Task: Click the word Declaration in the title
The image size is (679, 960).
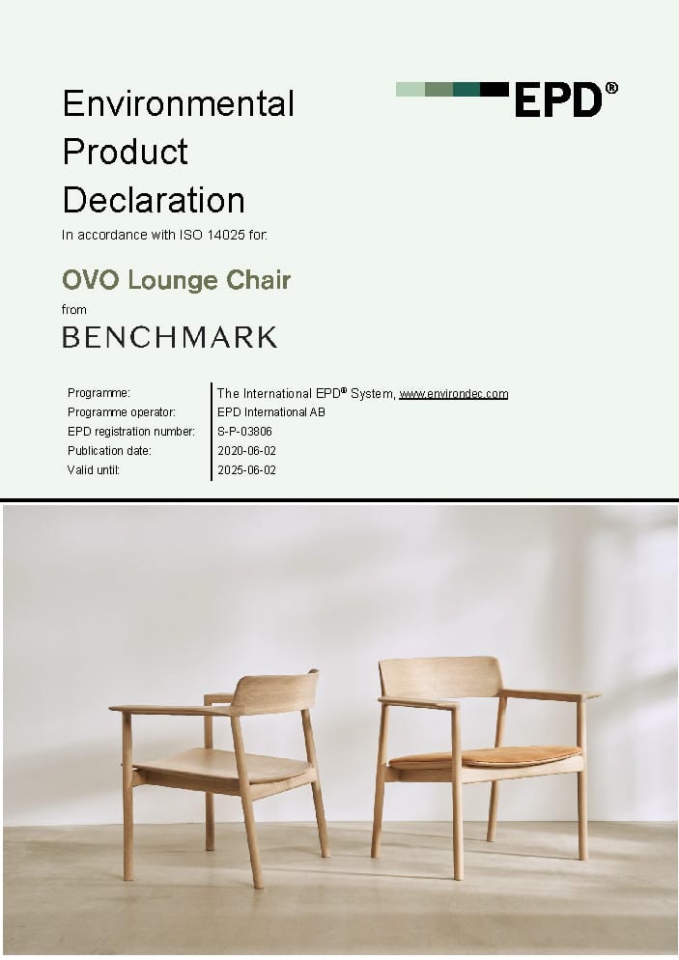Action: pos(154,200)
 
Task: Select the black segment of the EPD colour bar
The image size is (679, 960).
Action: pos(495,90)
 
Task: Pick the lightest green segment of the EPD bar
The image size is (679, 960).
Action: pos(410,90)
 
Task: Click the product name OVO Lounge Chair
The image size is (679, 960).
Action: pos(177,280)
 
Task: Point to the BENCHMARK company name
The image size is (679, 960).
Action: pos(170,337)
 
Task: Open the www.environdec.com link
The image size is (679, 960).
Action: pos(454,394)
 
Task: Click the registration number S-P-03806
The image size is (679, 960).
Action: pos(244,432)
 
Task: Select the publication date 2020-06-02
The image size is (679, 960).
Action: pos(246,451)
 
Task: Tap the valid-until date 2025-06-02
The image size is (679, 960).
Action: pos(246,470)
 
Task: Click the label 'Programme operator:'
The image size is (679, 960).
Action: pos(122,412)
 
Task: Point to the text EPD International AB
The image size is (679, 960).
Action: pos(271,412)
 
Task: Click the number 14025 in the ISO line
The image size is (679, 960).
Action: pos(226,235)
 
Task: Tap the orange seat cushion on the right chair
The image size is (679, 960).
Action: pos(485,757)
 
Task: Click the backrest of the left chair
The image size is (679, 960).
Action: pos(275,692)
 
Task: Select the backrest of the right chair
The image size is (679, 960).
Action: pos(440,677)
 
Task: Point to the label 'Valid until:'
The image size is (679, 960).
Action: pos(94,470)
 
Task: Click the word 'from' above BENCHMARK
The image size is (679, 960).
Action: pos(74,310)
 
